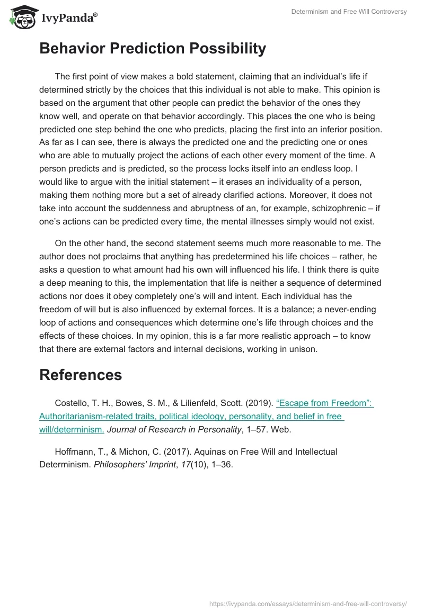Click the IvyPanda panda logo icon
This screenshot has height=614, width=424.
point(21,16)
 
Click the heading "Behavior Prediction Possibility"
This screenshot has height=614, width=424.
point(153,49)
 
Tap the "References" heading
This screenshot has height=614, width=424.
point(81,375)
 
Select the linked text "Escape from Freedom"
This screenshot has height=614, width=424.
point(324,403)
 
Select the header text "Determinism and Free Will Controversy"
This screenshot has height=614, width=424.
point(349,12)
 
